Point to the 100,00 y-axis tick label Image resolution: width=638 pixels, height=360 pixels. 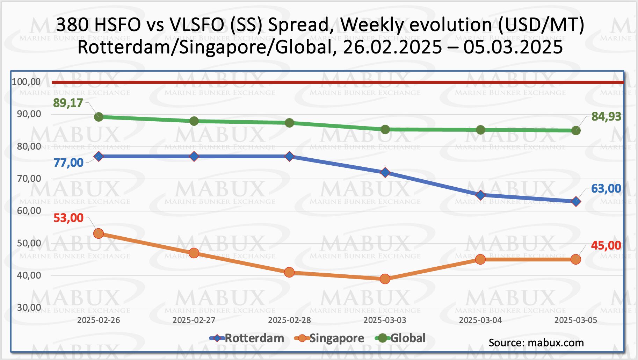point(26,82)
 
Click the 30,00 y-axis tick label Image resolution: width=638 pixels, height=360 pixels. point(29,308)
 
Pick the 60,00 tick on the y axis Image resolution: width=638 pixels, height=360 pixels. point(29,211)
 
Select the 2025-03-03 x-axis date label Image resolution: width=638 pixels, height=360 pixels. point(385,320)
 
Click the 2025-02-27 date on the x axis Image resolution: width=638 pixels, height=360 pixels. point(194,320)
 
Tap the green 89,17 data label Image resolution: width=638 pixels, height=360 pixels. point(68,103)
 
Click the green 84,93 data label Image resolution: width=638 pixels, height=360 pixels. point(606,116)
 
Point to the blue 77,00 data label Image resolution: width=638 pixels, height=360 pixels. point(68,163)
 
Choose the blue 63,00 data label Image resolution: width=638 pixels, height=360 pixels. point(606,188)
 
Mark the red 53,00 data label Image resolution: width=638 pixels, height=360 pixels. point(68,218)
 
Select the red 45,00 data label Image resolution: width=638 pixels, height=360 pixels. point(606,245)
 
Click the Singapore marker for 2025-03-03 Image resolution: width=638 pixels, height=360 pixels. point(385,279)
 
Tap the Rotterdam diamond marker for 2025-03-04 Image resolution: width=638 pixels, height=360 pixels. point(480,195)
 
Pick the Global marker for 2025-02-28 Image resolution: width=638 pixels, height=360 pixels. point(289,123)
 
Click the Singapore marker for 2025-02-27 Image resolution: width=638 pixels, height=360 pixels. point(194,253)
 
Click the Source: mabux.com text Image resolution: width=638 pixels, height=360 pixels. point(536,343)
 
